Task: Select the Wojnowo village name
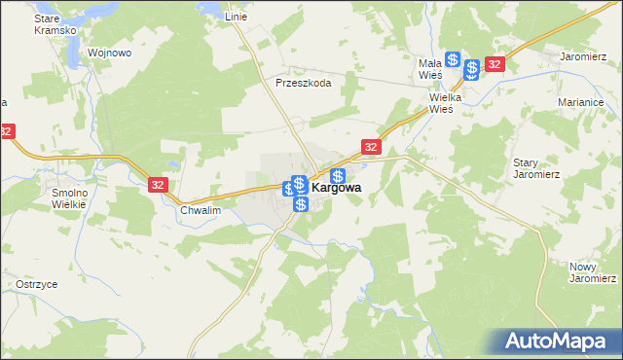(x=109, y=53)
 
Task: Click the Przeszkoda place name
(x=304, y=84)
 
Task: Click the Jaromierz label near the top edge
(x=583, y=56)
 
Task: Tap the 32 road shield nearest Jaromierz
(x=495, y=64)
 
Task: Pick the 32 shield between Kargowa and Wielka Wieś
(x=370, y=146)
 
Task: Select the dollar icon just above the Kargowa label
(x=338, y=176)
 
